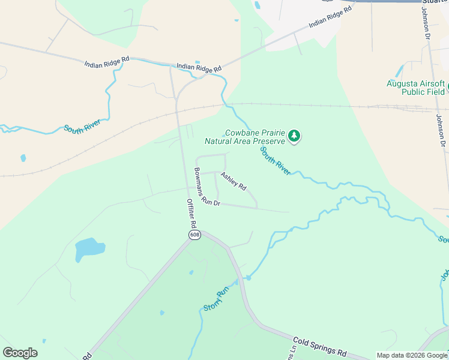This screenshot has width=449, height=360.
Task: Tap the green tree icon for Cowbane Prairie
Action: pos(294,136)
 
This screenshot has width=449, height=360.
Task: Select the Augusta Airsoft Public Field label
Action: pos(416,88)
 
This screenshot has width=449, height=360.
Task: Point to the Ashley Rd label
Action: pos(234,181)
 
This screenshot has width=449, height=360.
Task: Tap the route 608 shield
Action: pos(194,235)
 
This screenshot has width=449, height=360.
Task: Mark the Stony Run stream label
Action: pos(215,299)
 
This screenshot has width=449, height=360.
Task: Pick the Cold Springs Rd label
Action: pos(321,347)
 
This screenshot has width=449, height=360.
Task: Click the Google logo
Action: pos(20,353)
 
